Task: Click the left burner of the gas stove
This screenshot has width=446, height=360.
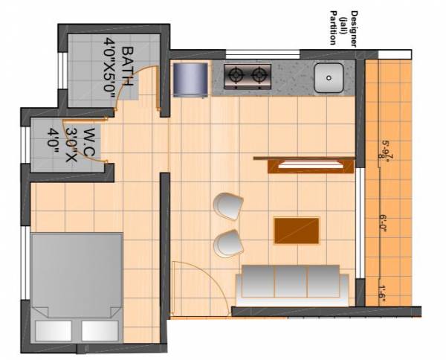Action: point(236,74)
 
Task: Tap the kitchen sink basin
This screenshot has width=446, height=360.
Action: point(328,77)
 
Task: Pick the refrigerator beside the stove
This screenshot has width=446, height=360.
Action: point(190,79)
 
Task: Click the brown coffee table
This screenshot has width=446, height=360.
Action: point(297,230)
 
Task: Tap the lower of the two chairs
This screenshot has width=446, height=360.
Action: point(227,242)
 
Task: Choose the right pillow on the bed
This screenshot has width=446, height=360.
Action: point(99,330)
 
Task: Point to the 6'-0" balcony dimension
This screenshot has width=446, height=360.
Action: point(384,225)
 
